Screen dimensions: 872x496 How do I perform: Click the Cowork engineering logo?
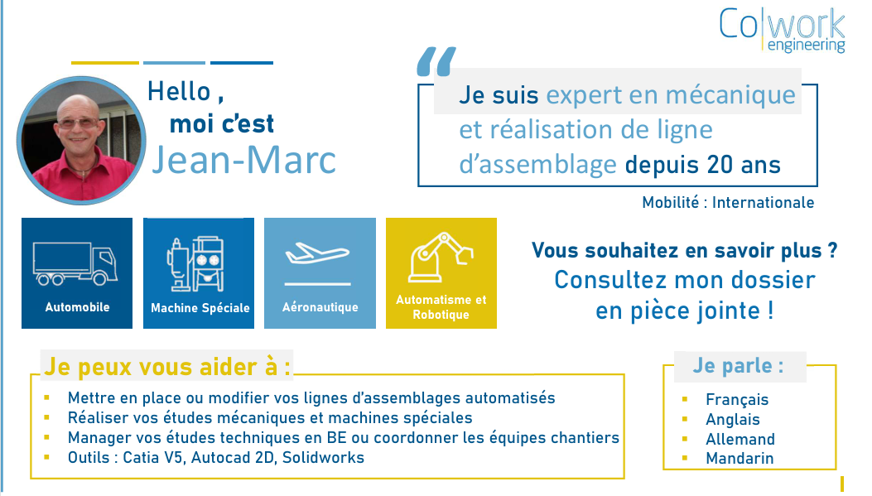tap(782, 30)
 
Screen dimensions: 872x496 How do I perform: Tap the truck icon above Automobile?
tap(75, 263)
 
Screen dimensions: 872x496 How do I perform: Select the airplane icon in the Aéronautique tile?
tap(317, 253)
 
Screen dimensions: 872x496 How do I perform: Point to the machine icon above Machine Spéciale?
tap(195, 264)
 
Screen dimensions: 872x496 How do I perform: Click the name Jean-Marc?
tap(244, 160)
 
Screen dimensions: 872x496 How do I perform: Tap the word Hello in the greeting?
tap(179, 92)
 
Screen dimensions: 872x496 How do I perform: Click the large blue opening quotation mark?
tap(436, 61)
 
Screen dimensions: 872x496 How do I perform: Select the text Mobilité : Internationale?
tap(728, 202)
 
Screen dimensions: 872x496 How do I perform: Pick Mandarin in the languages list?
tap(740, 458)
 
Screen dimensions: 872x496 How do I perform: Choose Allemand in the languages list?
tap(740, 440)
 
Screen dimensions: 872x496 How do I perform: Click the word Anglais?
tap(732, 419)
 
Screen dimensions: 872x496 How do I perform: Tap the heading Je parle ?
tap(738, 366)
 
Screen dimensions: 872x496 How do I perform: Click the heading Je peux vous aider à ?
tap(166, 367)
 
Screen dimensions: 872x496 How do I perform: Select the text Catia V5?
tap(153, 458)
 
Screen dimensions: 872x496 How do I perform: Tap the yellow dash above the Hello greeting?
tap(105, 63)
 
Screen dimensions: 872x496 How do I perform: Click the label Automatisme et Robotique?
tap(441, 307)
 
